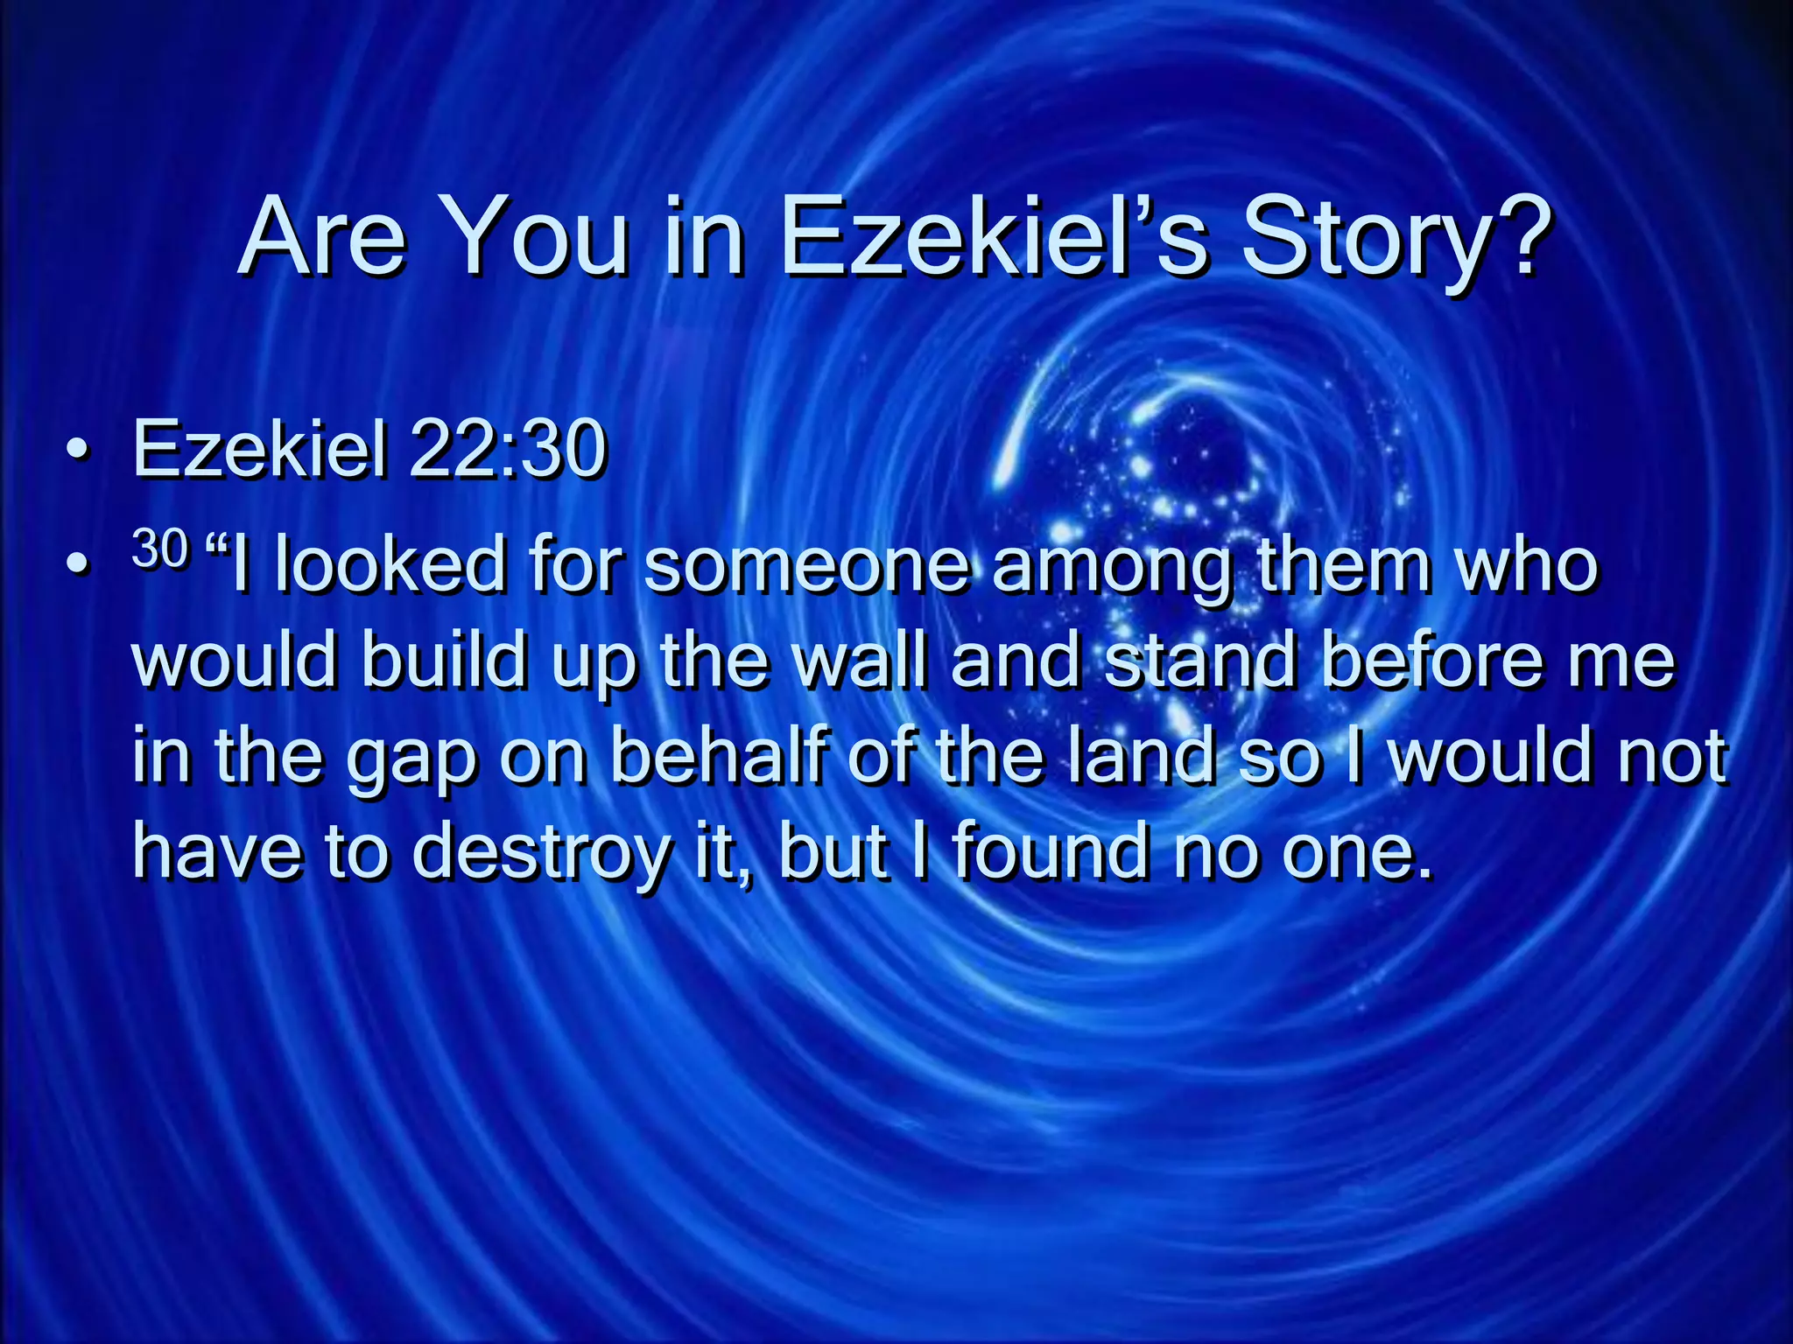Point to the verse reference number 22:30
[507, 448]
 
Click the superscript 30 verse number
[160, 549]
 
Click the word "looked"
[390, 564]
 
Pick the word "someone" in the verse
[806, 564]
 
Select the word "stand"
[1200, 660]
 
